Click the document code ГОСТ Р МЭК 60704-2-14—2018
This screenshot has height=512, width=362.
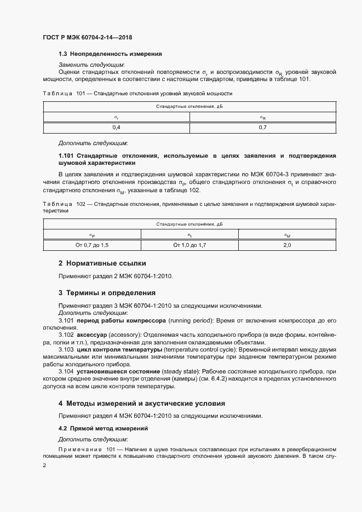click(87, 38)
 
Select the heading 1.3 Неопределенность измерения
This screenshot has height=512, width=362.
click(110, 54)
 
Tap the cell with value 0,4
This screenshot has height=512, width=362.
click(116, 127)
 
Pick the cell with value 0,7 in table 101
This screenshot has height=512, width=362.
click(262, 127)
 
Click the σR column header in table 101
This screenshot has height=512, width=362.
click(262, 117)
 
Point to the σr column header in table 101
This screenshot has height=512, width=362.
click(116, 117)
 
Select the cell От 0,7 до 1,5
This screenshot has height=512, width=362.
click(92, 245)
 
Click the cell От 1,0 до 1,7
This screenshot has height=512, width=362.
click(189, 245)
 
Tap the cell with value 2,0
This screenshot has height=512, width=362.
click(287, 245)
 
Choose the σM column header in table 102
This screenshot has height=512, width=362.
click(287, 235)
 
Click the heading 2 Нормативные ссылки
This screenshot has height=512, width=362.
click(102, 263)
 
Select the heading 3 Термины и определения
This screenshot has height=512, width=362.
click(107, 292)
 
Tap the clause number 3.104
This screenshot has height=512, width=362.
click(66, 372)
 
